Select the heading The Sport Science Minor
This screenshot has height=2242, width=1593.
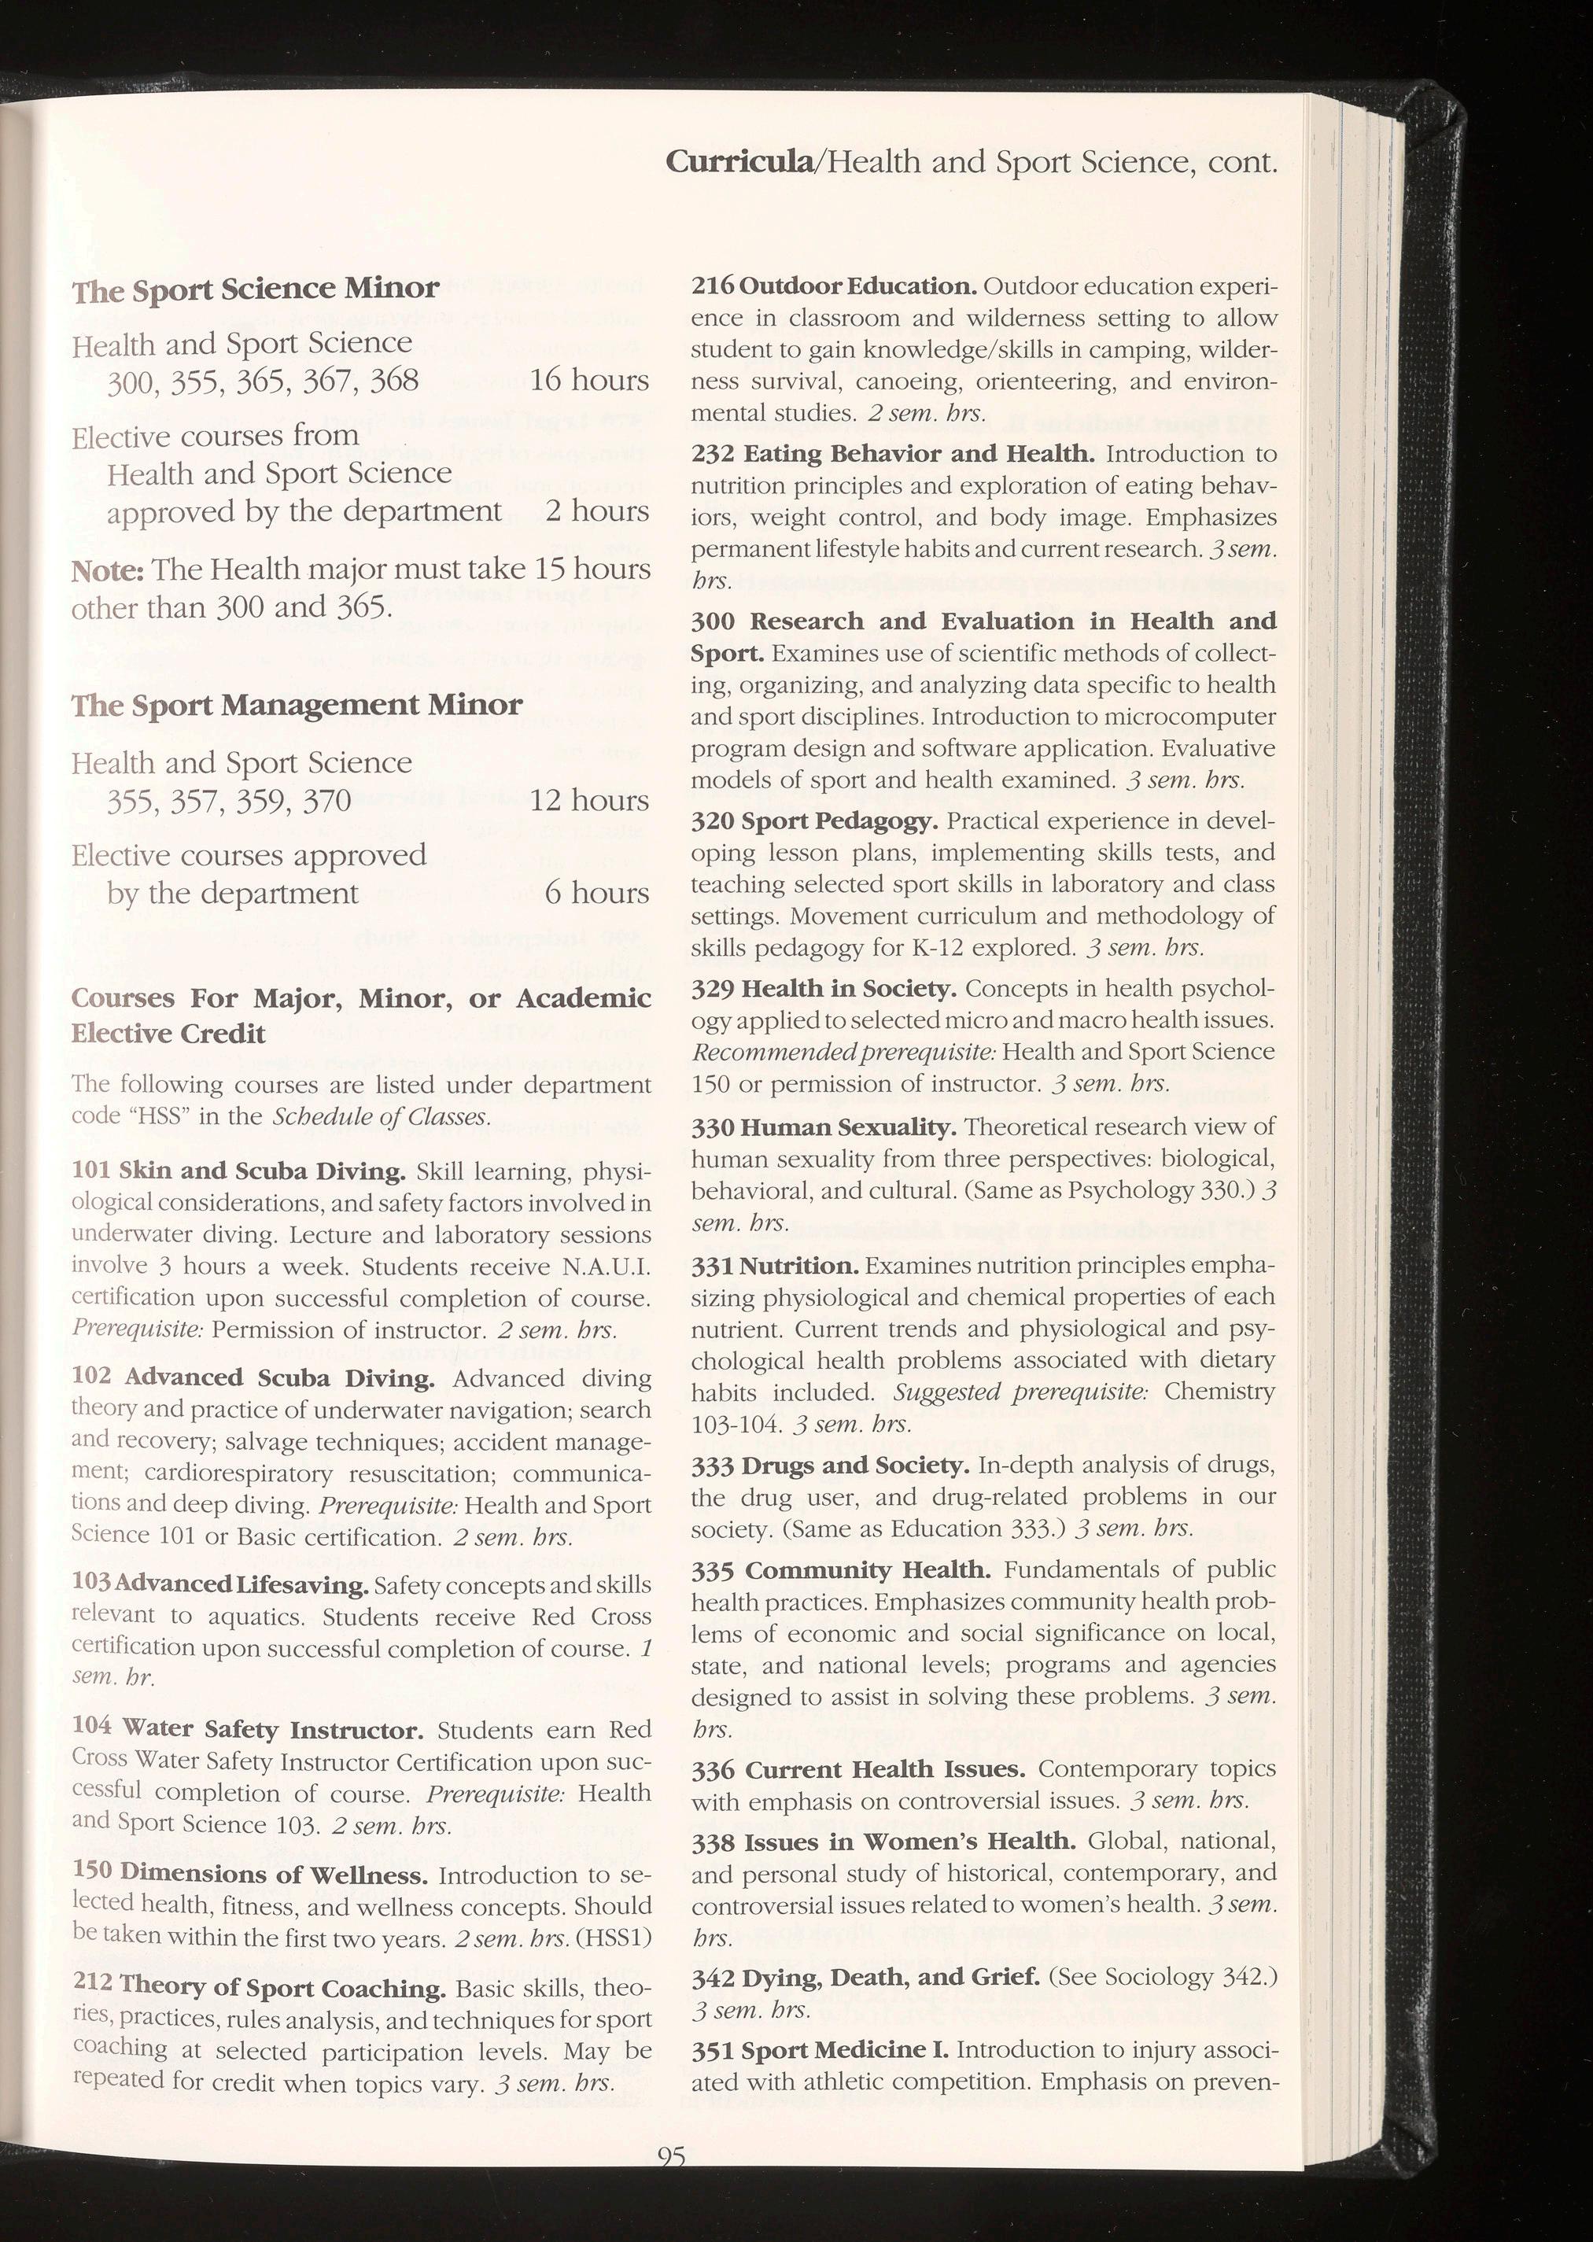[255, 289]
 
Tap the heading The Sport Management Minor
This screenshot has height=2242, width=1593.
[297, 705]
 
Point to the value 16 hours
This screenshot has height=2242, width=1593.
[589, 381]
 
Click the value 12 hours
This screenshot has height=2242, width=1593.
[589, 802]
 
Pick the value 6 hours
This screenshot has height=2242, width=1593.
[596, 894]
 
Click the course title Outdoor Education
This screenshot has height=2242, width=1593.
[857, 286]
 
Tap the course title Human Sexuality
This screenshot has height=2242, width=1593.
[847, 1128]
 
